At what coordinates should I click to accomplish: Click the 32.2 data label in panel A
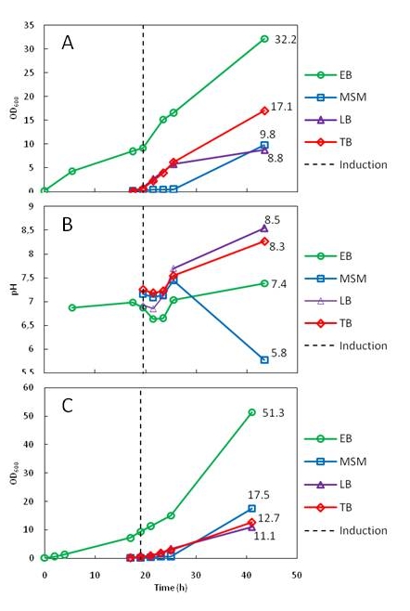tap(286, 40)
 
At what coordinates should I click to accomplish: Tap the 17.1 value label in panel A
tap(281, 107)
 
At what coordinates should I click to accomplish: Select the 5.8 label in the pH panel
tap(279, 353)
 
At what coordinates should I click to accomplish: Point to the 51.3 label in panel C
tap(274, 413)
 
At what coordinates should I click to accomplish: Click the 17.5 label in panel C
tap(259, 495)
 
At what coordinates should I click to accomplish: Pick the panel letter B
tap(68, 225)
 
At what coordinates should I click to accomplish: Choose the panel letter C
tap(68, 406)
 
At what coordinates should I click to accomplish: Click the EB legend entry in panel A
tap(328, 75)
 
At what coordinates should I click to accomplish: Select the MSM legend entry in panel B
tap(336, 279)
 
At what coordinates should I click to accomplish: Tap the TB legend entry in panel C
tap(328, 507)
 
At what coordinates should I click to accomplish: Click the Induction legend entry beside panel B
tap(346, 346)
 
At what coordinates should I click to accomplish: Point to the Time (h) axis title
tap(171, 588)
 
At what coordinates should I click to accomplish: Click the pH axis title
tap(15, 289)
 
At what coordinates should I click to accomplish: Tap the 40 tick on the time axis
tap(247, 575)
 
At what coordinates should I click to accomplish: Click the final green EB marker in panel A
tap(264, 39)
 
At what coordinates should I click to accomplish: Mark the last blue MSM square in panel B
tap(264, 360)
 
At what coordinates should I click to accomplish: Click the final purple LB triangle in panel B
tap(264, 228)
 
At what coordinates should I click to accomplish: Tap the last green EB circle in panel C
tap(252, 412)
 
